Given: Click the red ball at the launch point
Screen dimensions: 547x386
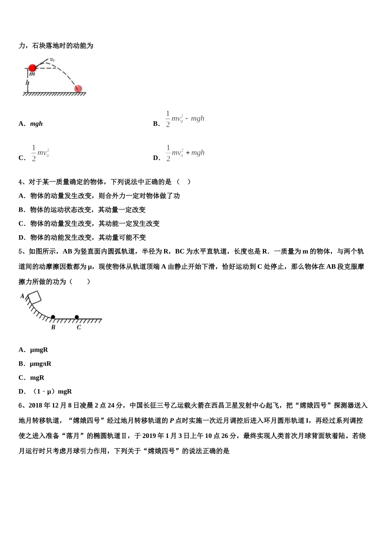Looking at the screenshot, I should click(x=32, y=68).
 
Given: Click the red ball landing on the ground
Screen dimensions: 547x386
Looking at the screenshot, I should click(x=78, y=89).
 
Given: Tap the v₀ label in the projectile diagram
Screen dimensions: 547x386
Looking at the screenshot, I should click(x=52, y=60).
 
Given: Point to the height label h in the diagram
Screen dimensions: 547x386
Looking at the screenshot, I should click(x=27, y=83).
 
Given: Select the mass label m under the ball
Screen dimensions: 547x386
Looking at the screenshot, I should click(x=32, y=74).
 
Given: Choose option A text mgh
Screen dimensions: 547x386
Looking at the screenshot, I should click(x=36, y=124).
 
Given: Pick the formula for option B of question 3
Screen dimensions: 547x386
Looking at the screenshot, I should click(x=184, y=119).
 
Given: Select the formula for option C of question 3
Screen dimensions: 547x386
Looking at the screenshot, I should click(x=40, y=153).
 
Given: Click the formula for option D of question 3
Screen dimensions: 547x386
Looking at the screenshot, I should click(x=184, y=153).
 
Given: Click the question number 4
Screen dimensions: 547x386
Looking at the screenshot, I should click(x=21, y=182).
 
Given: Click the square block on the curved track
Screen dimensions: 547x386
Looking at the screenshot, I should click(x=34, y=298).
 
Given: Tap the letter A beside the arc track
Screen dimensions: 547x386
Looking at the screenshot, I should click(x=22, y=296).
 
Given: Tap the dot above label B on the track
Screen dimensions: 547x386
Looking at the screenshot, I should click(x=53, y=317).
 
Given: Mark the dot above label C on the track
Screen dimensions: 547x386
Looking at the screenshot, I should click(x=77, y=317).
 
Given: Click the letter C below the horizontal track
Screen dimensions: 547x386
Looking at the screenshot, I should click(x=78, y=327).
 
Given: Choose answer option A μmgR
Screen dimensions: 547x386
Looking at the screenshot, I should click(x=39, y=350).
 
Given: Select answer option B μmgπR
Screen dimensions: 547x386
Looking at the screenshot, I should click(x=41, y=364).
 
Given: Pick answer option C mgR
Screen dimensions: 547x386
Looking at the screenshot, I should click(x=37, y=378).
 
